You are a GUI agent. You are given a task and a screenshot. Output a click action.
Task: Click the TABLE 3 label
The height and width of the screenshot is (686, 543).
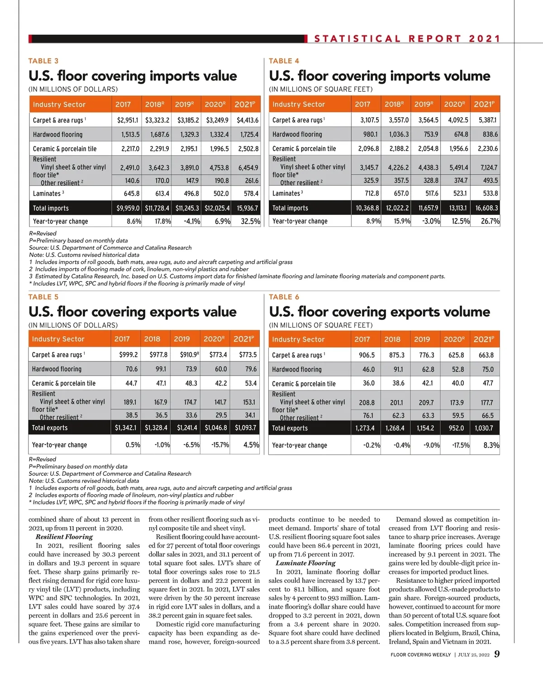point(43,61)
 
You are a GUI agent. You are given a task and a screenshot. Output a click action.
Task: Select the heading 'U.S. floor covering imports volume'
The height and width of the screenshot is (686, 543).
point(379,76)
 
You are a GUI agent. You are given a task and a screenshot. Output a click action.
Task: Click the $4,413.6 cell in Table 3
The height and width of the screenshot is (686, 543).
point(248,120)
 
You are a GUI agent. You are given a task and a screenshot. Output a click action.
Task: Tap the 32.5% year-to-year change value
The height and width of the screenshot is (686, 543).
point(250,221)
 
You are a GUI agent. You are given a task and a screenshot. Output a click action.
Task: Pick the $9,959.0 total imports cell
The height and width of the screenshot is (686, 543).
point(128,208)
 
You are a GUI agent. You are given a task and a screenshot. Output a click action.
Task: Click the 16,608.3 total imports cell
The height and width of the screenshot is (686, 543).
point(486,208)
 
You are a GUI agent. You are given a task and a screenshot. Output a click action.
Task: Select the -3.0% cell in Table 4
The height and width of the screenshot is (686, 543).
point(431,221)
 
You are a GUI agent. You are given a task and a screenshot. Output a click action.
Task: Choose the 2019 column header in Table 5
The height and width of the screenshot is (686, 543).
point(182,339)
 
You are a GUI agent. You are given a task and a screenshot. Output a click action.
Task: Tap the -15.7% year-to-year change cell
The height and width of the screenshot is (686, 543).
point(220,445)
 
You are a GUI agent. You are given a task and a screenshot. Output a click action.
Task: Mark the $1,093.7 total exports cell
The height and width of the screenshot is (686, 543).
point(245,428)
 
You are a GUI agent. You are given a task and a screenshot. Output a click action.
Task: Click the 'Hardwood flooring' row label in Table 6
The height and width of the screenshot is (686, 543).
point(297,369)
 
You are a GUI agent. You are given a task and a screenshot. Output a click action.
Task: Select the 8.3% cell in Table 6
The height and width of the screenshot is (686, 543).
point(491,445)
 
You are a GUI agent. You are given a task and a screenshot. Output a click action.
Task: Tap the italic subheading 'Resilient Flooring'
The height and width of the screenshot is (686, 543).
point(64,537)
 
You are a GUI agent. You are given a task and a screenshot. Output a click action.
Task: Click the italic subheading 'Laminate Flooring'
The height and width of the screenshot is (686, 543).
point(305,563)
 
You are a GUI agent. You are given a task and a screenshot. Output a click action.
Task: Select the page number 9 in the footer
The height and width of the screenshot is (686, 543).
point(497,654)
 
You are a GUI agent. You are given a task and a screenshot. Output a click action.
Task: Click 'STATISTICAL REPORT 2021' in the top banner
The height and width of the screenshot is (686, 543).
point(407,39)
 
